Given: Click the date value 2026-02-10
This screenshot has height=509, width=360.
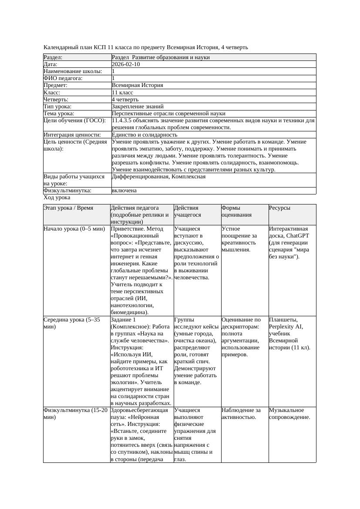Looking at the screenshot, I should pyautogui.click(x=126, y=64).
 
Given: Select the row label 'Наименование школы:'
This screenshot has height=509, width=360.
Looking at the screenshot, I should pyautogui.click(x=73, y=71).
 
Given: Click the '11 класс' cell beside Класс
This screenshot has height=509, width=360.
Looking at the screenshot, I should pyautogui.click(x=122, y=93).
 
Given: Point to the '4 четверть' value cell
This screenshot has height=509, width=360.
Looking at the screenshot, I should pyautogui.click(x=125, y=100).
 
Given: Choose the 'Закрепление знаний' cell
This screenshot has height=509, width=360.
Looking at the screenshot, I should pyautogui.click(x=138, y=107).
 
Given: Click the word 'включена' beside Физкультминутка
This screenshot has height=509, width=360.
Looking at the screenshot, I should pyautogui.click(x=124, y=191).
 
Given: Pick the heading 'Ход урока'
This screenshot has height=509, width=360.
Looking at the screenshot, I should pyautogui.click(x=57, y=198).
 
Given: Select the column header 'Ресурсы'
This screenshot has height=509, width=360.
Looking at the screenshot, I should pyautogui.click(x=279, y=208).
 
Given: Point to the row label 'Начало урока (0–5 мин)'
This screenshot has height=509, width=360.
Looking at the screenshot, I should pyautogui.click(x=74, y=229).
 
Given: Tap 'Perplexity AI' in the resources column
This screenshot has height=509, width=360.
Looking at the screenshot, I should pyautogui.click(x=285, y=327).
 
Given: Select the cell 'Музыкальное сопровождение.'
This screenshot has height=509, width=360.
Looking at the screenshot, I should pyautogui.click(x=289, y=414).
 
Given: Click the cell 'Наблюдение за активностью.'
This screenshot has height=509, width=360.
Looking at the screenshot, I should pyautogui.click(x=241, y=414).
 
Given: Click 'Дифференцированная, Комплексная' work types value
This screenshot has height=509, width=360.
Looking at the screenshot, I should pyautogui.click(x=158, y=177).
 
